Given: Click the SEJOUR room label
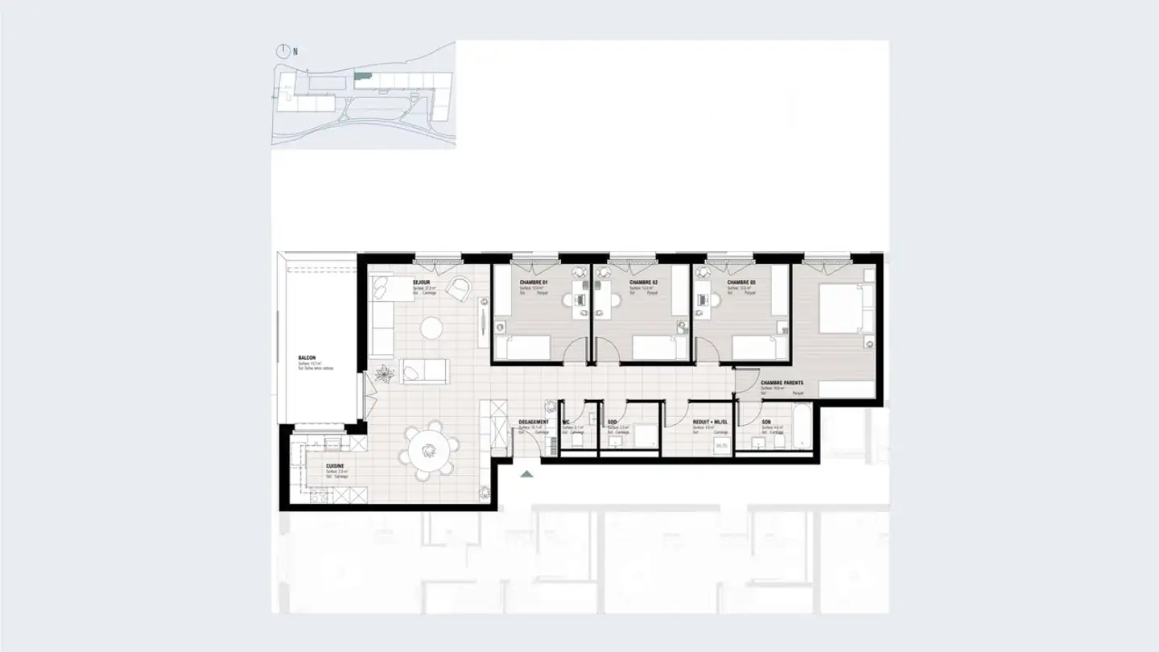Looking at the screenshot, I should pos(420,283).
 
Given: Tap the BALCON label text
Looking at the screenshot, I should pos(307,357).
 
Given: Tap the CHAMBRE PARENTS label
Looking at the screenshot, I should pos(782,383).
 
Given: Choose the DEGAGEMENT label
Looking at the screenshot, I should pos(534,422).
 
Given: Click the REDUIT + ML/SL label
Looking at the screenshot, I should pos(710,422).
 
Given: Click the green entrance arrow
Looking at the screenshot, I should pos(526,474).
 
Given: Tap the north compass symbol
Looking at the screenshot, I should pos(283,51).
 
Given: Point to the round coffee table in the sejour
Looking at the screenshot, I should pos(433,328).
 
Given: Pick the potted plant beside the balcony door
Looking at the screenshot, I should pos(385,373).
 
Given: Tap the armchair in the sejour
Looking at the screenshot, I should pos(459,287).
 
